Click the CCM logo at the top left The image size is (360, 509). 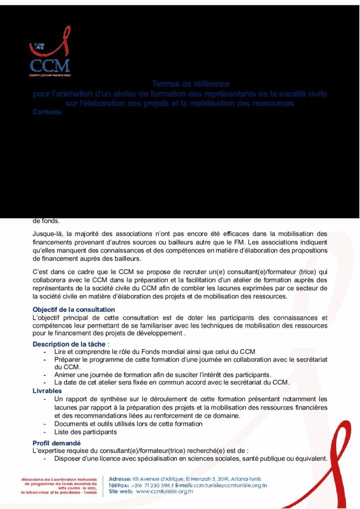50,59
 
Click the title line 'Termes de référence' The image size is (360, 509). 190,84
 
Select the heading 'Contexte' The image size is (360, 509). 47,112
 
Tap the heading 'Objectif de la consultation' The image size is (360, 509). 74,310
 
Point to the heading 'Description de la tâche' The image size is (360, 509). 69,344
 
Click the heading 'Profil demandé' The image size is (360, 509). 57,443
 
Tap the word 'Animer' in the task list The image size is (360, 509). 66,374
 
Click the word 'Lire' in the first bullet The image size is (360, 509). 60,351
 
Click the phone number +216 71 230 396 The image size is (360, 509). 154,485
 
